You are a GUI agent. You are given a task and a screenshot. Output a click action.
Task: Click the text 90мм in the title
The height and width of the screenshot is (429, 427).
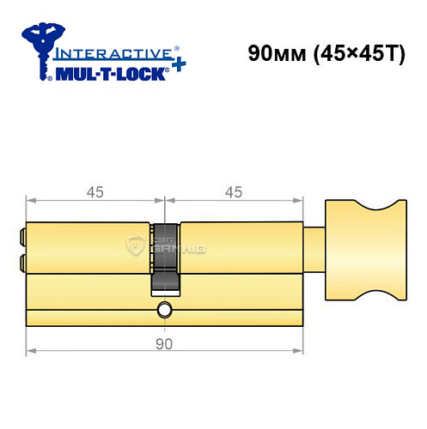[274, 53]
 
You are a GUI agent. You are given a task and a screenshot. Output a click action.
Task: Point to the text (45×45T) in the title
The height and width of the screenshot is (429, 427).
[353, 53]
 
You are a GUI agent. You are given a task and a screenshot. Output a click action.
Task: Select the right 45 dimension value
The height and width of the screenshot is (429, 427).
[232, 191]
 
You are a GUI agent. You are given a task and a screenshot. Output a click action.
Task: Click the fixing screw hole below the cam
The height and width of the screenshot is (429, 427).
[164, 308]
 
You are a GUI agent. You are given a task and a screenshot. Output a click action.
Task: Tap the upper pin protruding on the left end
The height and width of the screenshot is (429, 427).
[21, 233]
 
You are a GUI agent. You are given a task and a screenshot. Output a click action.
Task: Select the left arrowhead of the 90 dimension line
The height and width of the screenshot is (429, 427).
[31, 351]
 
